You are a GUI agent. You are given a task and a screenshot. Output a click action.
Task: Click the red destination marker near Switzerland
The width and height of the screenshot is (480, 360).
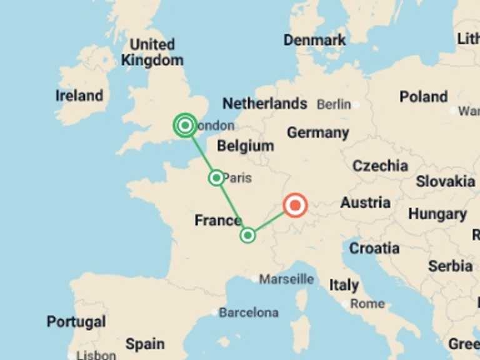pos(295,205)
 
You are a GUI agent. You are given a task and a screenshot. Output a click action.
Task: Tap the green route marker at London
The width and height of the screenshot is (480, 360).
pos(185,126)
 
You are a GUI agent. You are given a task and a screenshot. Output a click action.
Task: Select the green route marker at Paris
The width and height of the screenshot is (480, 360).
pos(216,178)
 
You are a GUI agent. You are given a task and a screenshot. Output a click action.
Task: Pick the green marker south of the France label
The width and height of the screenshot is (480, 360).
pos(248,235)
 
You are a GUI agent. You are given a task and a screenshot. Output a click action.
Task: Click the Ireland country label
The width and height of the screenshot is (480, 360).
pos(79,96)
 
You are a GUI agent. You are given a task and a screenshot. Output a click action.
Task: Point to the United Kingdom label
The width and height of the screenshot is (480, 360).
pos(152,52)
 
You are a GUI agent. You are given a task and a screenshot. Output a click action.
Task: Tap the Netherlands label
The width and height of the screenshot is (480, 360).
pos(265,103)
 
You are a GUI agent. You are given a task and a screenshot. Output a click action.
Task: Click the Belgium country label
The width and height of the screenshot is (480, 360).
pos(246,146)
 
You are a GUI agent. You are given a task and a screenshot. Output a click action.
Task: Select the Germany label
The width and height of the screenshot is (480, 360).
pos(317,132)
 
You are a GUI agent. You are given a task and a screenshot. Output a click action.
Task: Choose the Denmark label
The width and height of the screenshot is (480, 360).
pos(314,40)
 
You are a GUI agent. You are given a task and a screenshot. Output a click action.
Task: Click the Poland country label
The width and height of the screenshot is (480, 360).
pos(424,97)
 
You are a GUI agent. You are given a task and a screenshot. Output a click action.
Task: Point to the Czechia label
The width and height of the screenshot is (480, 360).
pos(380,166)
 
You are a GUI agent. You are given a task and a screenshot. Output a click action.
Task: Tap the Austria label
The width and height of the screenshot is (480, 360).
pos(366,202)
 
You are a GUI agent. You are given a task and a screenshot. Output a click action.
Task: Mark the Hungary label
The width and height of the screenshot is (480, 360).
pos(437,214)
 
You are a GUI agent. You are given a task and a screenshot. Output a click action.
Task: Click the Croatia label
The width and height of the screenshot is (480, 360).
pos(374,248)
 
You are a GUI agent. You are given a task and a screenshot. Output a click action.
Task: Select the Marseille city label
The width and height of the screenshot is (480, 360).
pos(286,279)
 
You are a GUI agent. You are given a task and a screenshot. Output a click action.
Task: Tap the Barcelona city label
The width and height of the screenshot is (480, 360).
pos(248,312)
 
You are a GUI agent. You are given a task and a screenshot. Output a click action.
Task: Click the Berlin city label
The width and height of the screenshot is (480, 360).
pos(334,104)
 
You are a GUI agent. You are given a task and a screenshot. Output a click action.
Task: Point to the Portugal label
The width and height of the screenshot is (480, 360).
pos(76,322)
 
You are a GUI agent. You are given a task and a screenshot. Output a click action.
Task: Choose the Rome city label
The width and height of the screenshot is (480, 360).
pos(367,304)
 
